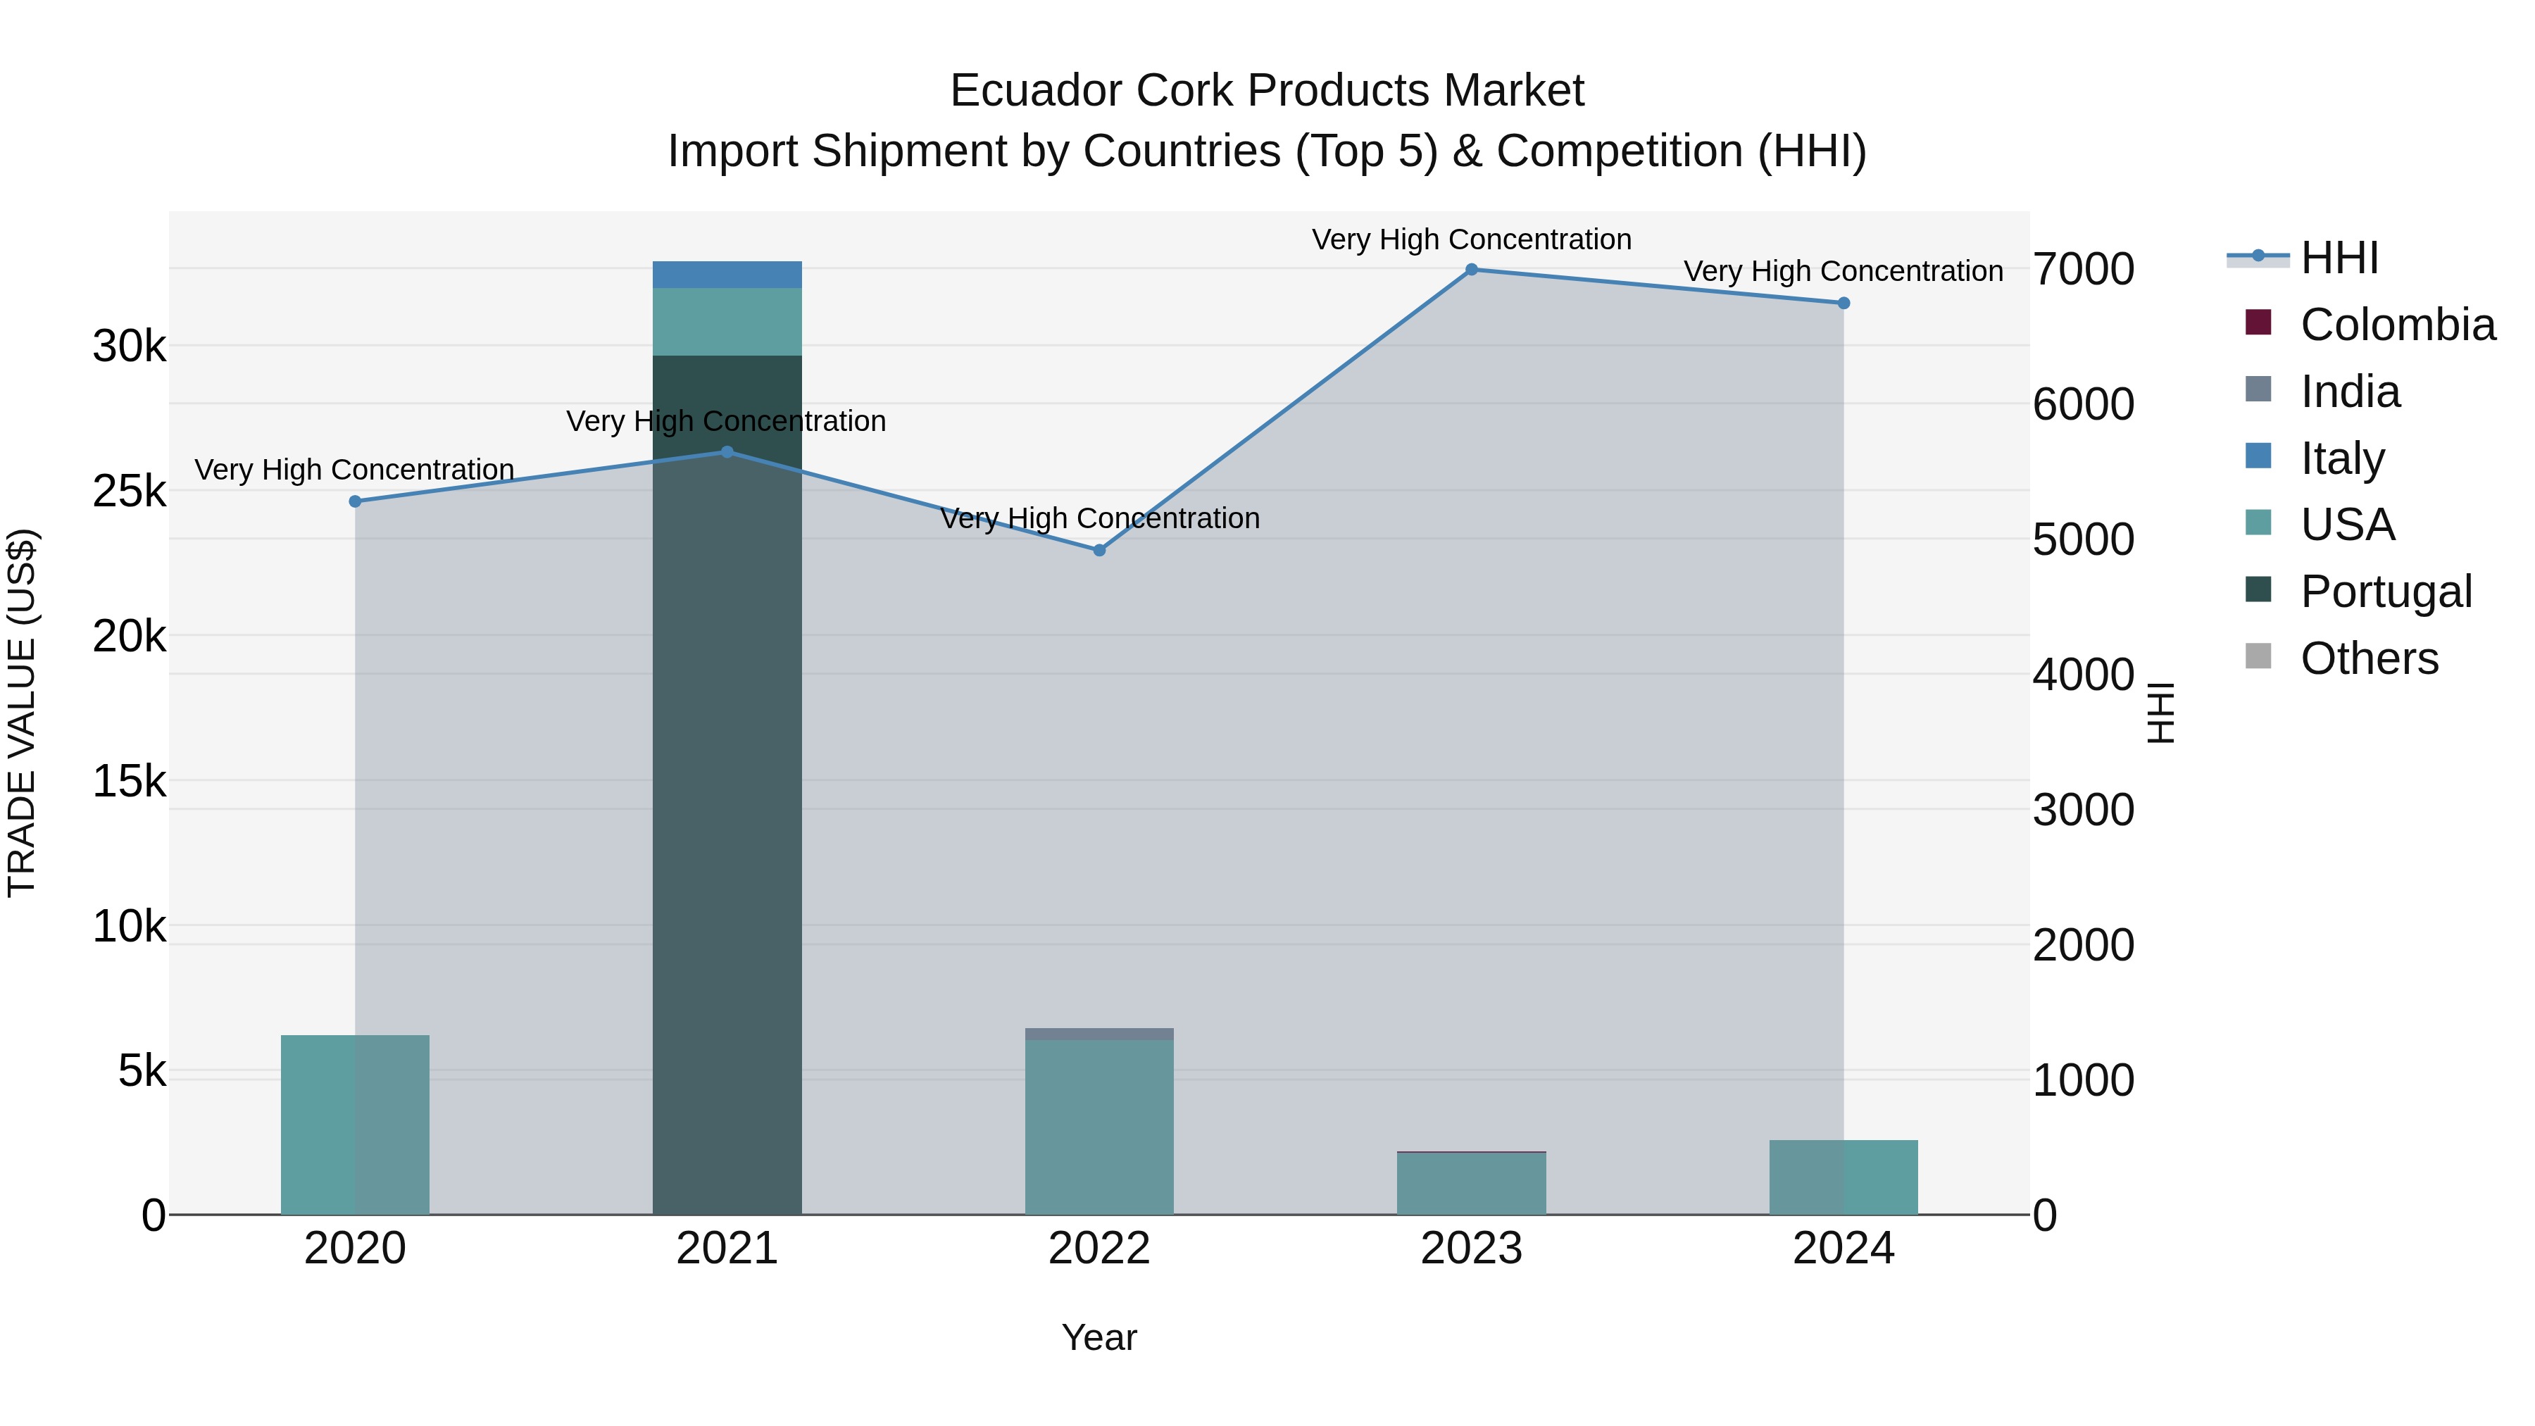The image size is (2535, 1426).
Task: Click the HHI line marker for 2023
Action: coord(1471,270)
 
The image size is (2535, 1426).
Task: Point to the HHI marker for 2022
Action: coord(1099,550)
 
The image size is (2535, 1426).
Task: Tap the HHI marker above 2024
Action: coord(1844,303)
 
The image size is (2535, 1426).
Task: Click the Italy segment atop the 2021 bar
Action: coord(727,275)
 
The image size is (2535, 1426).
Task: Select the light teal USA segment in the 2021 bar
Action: coord(727,322)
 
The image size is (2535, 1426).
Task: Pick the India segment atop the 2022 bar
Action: coord(1099,1034)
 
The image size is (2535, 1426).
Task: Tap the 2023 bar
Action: coord(1471,1183)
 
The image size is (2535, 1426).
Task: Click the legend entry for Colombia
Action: coord(2397,325)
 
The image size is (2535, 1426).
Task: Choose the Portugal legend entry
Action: coord(2386,592)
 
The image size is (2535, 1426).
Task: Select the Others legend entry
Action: coord(2369,658)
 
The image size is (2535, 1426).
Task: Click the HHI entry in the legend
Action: coord(2339,258)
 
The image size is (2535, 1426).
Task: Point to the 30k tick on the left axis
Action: coord(129,346)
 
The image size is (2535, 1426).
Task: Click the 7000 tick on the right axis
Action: coord(2082,270)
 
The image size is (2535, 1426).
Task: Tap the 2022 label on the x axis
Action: coord(1099,1249)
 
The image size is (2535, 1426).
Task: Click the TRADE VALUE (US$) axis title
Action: coord(22,713)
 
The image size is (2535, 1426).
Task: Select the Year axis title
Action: coord(1099,1337)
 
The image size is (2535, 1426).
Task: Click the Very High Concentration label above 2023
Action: coord(1471,239)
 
